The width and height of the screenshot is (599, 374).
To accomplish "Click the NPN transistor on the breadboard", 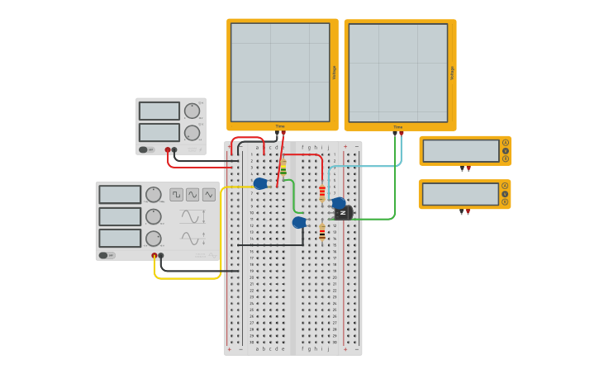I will [344, 213].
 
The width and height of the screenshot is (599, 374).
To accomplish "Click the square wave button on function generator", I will [176, 195].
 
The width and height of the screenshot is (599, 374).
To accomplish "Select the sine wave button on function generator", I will [193, 195].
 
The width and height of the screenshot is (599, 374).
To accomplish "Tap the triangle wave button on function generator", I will [208, 195].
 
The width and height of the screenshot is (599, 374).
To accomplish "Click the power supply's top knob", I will [192, 111].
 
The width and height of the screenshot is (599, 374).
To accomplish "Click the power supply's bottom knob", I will [192, 133].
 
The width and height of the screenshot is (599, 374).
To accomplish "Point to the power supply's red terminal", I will [168, 150].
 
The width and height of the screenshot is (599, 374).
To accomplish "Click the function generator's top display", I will [120, 195].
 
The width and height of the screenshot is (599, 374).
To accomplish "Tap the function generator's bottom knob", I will [153, 239].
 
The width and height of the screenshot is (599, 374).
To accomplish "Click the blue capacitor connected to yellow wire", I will [260, 183].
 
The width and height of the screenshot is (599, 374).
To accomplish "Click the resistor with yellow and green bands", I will [283, 168].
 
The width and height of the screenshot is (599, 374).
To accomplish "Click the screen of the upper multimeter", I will [461, 151].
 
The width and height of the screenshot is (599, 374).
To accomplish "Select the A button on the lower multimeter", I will [505, 186].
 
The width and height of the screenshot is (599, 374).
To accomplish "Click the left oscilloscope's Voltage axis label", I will [334, 73].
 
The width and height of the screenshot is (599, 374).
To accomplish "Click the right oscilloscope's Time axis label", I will [397, 127].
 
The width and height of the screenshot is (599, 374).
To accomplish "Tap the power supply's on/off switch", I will [144, 150].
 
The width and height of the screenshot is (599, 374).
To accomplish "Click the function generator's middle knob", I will [153, 216].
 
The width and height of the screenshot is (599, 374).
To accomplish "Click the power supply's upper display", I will [159, 111].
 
